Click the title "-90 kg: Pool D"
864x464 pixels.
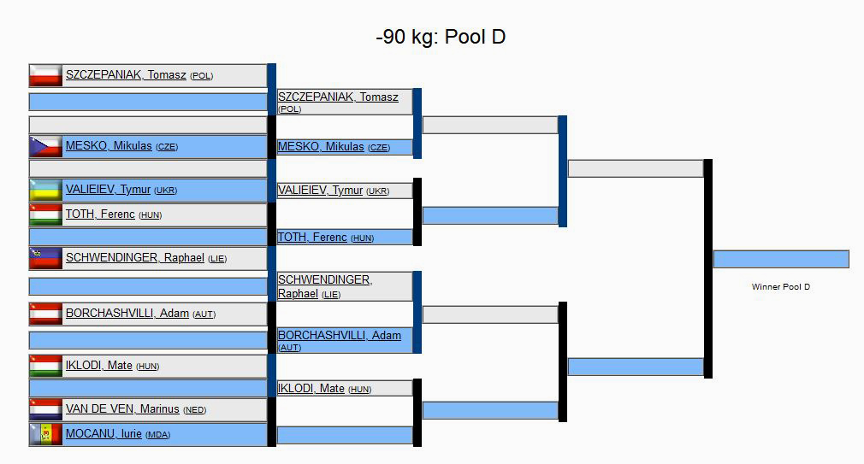(441, 38)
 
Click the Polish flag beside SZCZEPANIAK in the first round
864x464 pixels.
(46, 75)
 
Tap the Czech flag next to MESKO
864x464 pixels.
(46, 146)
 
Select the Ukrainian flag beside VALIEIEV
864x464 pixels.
(46, 190)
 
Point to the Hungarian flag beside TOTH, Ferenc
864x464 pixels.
(46, 214)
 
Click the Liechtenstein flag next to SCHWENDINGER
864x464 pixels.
(46, 258)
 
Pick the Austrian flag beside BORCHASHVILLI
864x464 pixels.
(46, 314)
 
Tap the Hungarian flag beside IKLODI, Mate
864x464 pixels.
(46, 366)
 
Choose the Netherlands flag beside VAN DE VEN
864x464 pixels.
(46, 409)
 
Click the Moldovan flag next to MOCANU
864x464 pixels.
(46, 434)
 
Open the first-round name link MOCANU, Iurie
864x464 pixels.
(104, 434)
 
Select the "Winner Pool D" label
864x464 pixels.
(780, 287)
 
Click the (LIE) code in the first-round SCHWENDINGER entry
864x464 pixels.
(217, 259)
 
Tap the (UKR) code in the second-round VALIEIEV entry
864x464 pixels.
(377, 191)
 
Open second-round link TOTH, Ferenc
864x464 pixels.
(312, 238)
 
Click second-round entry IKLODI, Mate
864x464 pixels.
(311, 389)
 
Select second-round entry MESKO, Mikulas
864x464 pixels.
(321, 147)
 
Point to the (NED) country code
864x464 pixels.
(195, 410)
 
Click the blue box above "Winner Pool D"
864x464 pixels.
(780, 259)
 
